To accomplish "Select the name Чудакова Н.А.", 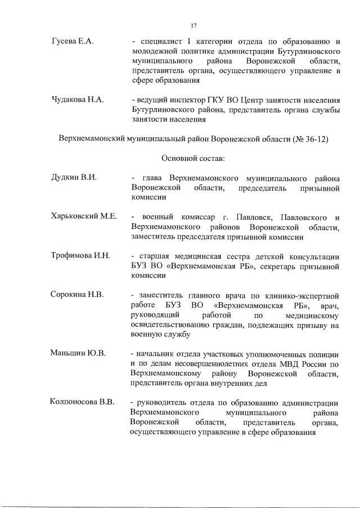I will click(x=78, y=99).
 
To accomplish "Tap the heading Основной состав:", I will click(x=193, y=159).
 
